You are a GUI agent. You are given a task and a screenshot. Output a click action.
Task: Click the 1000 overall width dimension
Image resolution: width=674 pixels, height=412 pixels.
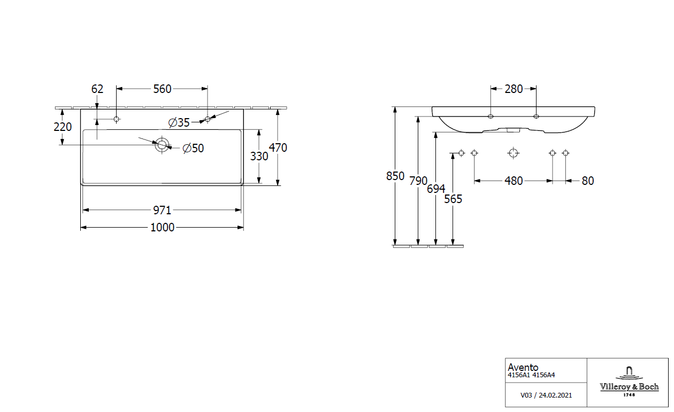[162, 228]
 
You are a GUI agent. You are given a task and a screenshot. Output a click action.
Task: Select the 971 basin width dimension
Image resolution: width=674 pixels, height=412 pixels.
[162, 211]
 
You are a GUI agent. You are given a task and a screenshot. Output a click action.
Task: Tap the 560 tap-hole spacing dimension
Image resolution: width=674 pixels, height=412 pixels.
[162, 89]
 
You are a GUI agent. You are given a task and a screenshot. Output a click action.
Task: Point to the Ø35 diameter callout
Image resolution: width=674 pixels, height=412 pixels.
[179, 122]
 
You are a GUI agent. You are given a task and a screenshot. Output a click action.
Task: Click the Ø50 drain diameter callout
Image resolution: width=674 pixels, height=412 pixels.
[193, 148]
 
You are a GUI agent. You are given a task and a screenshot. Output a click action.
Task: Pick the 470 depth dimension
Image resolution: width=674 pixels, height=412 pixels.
[278, 147]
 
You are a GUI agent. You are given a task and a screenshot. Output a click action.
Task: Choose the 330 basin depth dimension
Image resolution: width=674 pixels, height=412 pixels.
[259, 156]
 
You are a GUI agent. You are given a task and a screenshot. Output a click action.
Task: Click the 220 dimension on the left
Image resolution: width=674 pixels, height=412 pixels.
[63, 127]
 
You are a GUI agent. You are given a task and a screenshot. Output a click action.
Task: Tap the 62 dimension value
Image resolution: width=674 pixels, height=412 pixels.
[97, 89]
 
